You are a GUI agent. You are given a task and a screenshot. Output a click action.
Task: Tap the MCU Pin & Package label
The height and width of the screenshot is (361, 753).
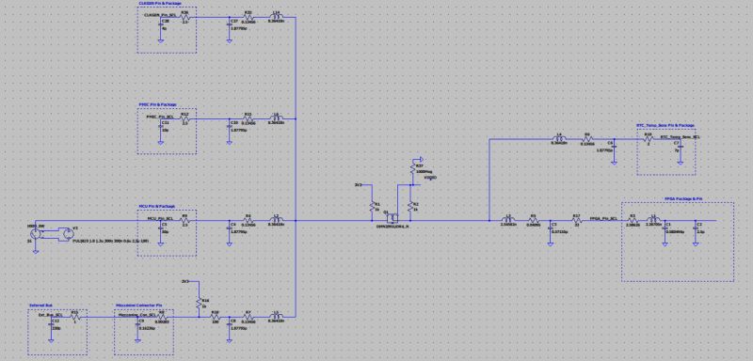(x=154, y=205)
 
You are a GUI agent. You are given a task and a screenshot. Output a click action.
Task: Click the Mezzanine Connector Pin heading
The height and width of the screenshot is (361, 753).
(x=139, y=306)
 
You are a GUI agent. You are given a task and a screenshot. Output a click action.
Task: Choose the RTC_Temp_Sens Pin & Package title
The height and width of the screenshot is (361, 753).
(x=665, y=125)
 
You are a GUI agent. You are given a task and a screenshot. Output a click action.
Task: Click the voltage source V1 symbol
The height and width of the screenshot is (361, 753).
(x=63, y=229)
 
